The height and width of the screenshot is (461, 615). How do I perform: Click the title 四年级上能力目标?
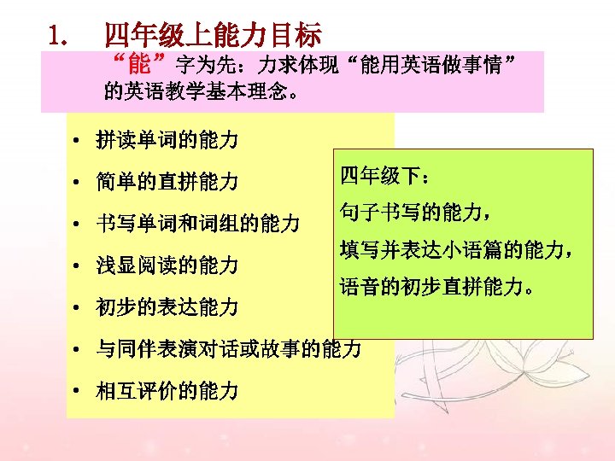point(213,35)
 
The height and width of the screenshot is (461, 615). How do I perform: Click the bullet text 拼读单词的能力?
point(167,140)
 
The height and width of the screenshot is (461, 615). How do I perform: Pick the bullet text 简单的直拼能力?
point(167,182)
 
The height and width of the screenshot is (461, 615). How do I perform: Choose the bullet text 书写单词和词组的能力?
point(197,225)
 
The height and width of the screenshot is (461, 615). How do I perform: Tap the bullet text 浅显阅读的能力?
point(167,266)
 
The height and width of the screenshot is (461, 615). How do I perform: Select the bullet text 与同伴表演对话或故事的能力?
point(228,349)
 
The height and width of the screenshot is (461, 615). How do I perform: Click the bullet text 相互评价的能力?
point(167,392)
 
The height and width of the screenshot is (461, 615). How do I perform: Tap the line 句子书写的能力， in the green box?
point(414,213)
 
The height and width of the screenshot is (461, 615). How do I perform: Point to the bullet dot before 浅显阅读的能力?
point(77,266)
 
